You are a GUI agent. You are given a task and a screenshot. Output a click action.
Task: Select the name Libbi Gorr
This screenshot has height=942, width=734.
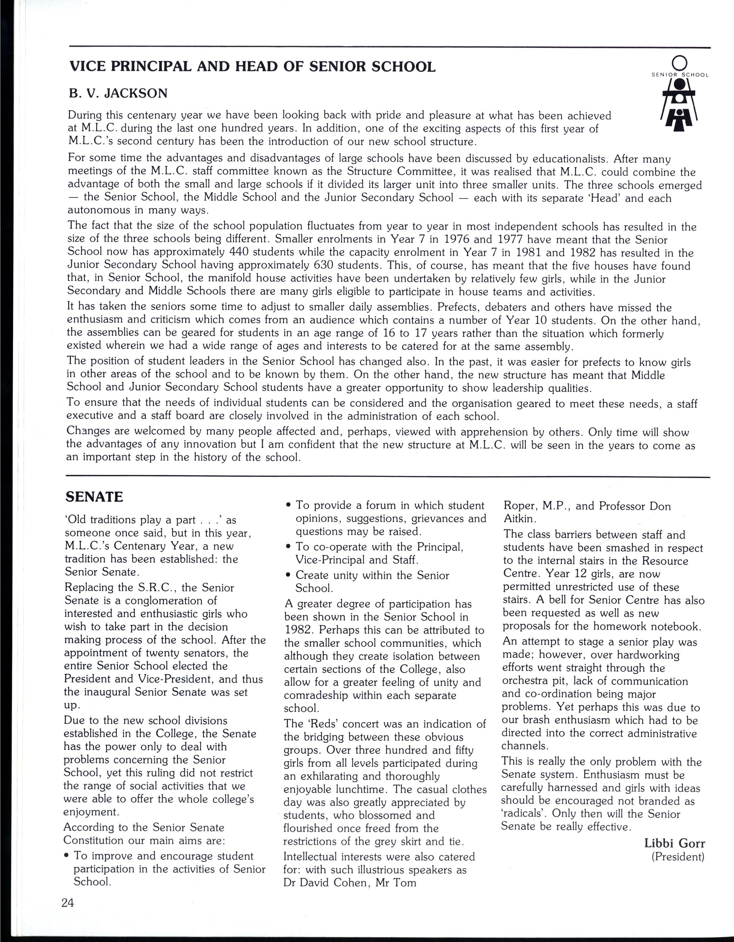[674, 843]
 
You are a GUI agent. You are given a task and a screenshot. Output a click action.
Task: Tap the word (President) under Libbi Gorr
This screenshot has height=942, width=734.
[678, 856]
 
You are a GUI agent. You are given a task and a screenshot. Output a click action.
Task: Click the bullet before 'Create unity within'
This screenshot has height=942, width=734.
[288, 576]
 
